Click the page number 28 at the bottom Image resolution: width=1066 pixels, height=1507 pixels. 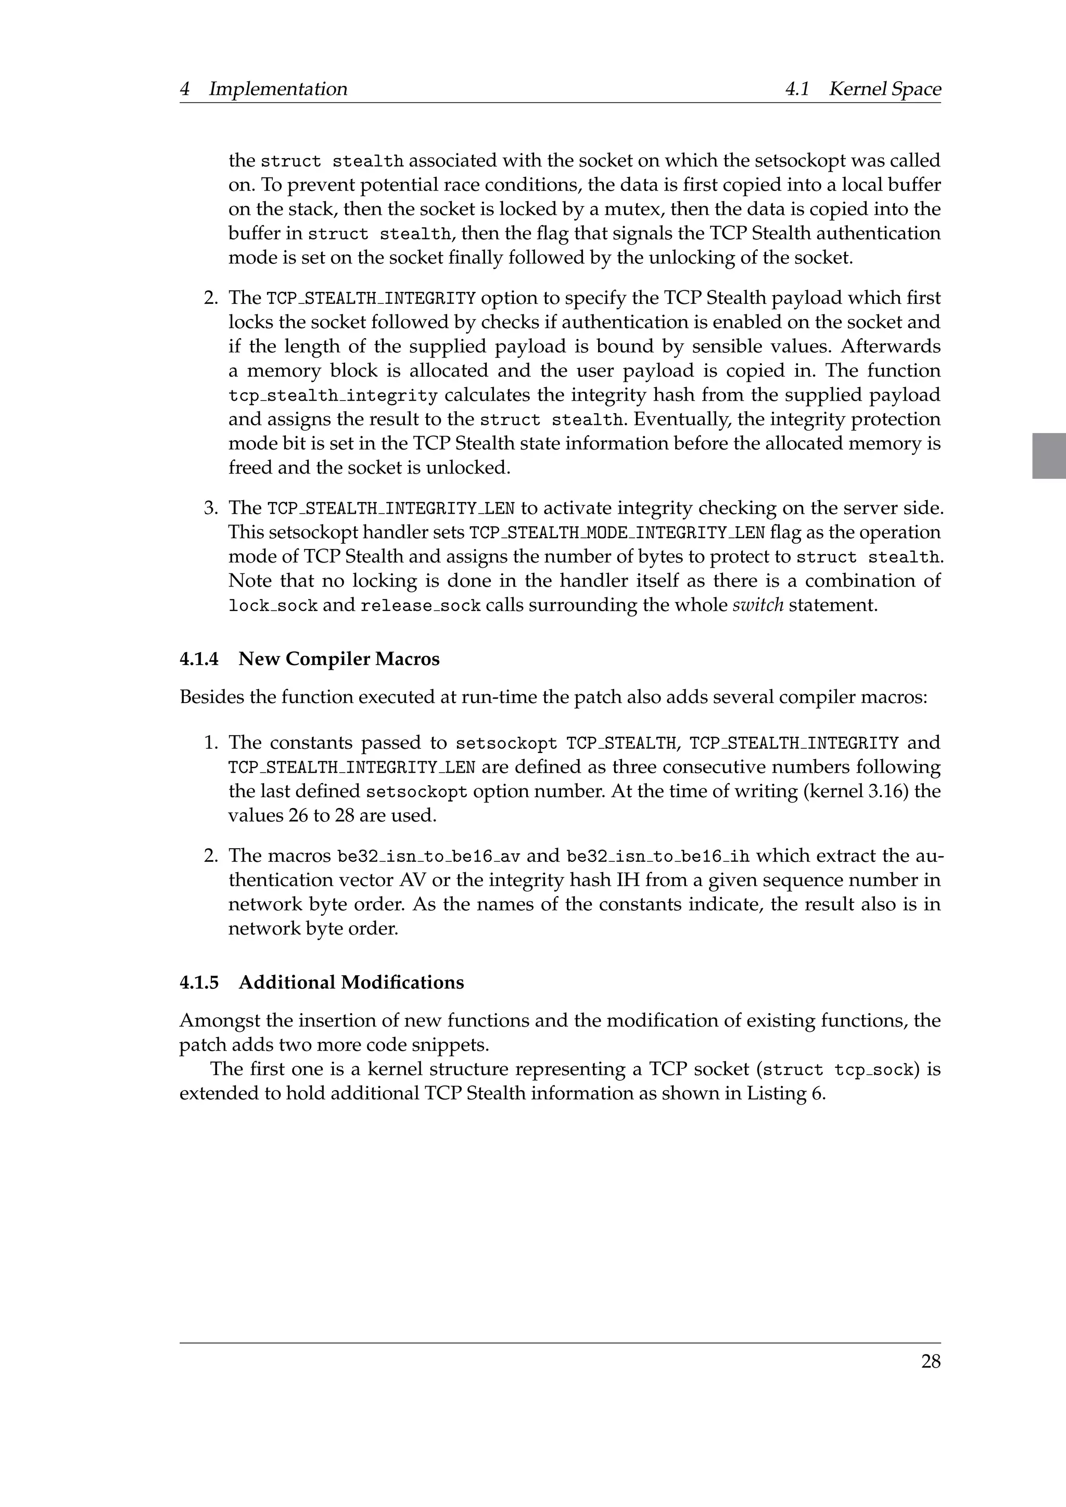click(x=930, y=1362)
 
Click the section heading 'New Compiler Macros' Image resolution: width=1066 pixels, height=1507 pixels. click(x=339, y=659)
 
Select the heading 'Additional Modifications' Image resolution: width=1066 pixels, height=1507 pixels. click(x=351, y=982)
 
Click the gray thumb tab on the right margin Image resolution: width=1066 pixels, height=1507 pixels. click(x=1048, y=455)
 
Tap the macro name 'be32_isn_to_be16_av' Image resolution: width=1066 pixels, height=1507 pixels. click(x=428, y=857)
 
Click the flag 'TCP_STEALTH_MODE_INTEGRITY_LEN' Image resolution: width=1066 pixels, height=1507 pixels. click(x=617, y=532)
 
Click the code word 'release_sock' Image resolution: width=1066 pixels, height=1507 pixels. click(x=420, y=605)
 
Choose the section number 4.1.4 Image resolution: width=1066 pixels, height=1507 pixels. click(x=199, y=659)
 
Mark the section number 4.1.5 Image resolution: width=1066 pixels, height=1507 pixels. click(x=199, y=982)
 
